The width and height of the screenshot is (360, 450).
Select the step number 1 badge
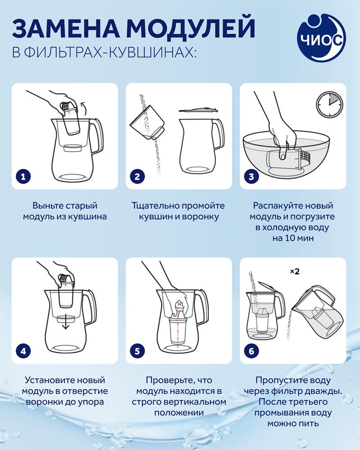pos(23,176)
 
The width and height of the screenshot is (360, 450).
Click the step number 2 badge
pos(137,176)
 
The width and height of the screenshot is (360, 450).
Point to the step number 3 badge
pos(251,176)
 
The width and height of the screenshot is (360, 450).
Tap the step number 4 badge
pos(23,351)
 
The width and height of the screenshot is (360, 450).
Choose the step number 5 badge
pos(137,351)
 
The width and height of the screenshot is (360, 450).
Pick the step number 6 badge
pos(251,351)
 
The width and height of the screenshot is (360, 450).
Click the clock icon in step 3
pos(329,104)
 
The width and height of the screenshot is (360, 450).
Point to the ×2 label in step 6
pos(295,271)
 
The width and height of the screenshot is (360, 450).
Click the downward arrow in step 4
pos(66,322)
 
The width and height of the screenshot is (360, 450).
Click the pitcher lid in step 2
pos(198,110)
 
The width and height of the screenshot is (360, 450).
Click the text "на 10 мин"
pos(293,238)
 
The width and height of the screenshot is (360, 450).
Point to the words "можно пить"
pos(293,423)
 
